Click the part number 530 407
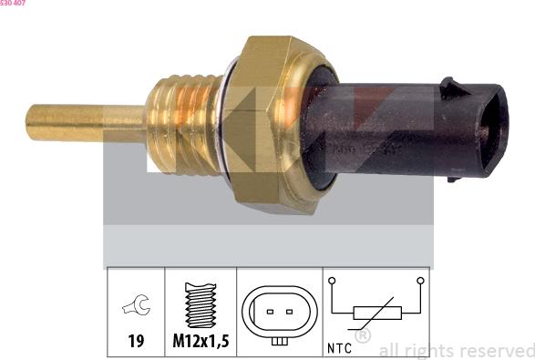pos(13,4)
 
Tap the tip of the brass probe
pos(31,122)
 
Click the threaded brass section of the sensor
pos(182,126)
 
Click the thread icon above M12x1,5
pos(200,304)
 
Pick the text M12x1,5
pos(200,344)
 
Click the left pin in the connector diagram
pos(271,310)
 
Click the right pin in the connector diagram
pos(291,310)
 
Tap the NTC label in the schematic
pos(339,347)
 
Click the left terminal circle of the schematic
pos(333,281)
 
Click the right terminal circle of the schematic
pos(420,281)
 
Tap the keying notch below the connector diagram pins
pos(281,341)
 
